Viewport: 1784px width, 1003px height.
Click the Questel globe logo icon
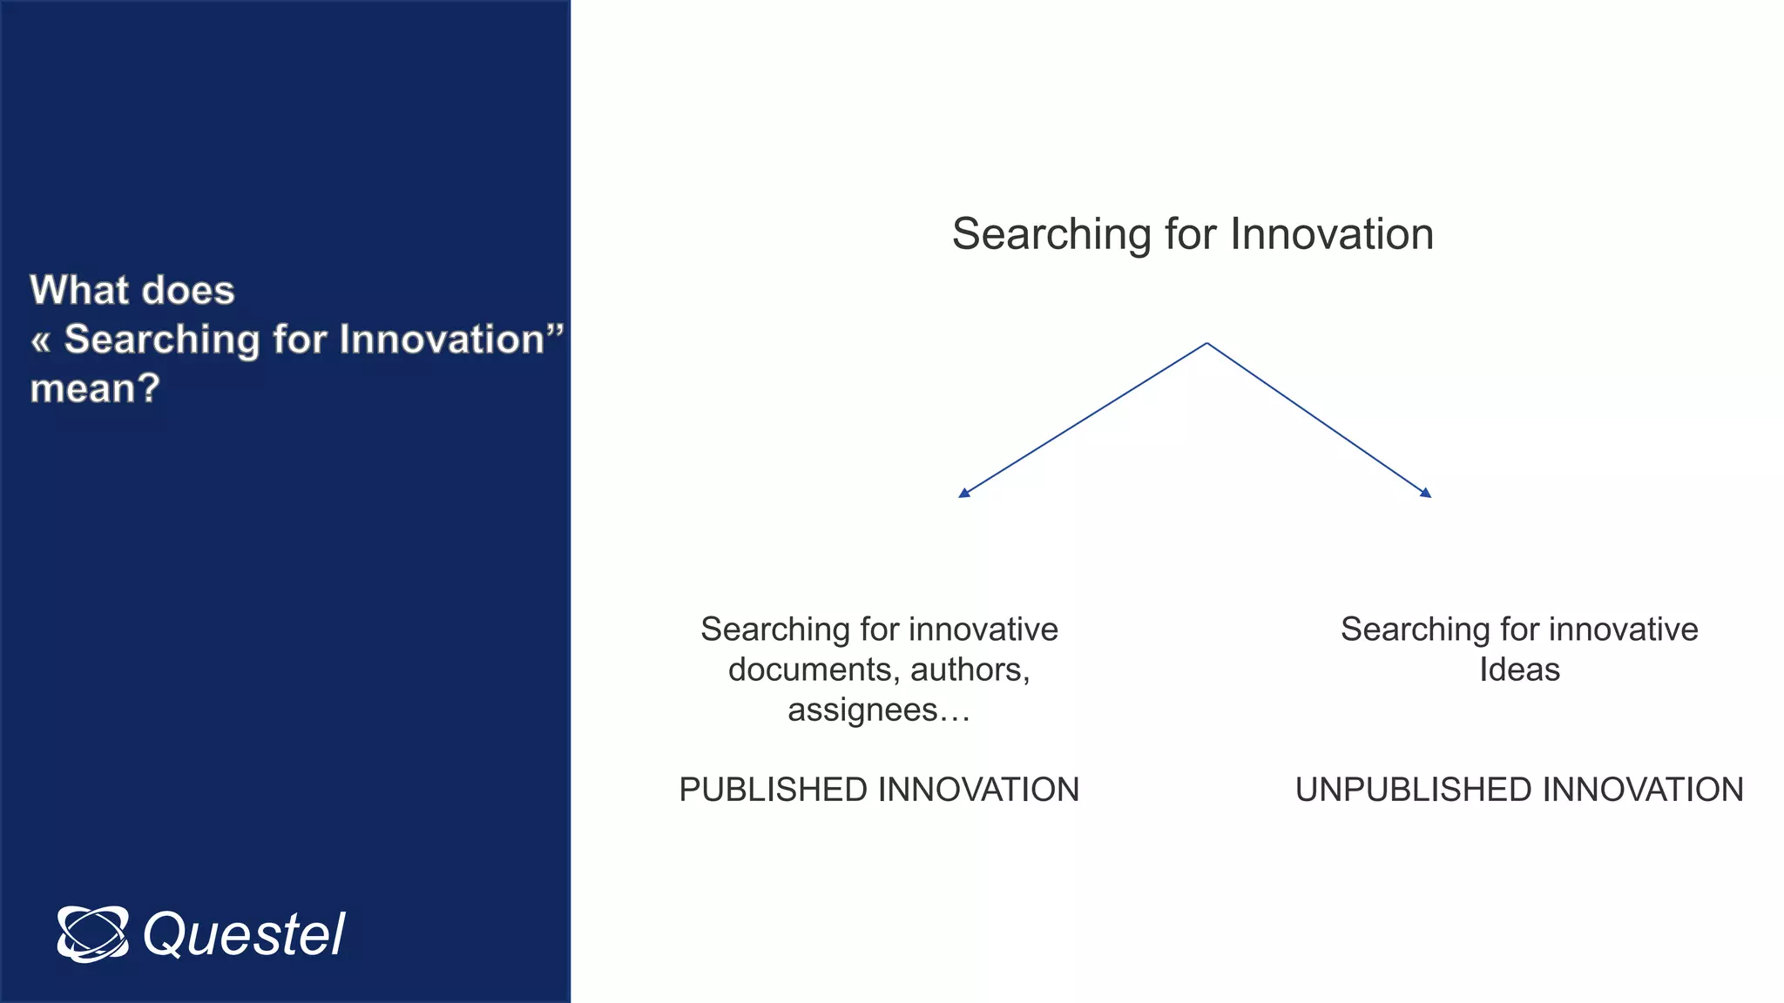pyautogui.click(x=92, y=934)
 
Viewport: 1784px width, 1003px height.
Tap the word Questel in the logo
pyautogui.click(x=244, y=935)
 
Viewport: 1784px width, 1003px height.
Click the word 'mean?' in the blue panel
pyautogui.click(x=95, y=388)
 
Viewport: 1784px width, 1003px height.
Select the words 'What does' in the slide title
pyautogui.click(x=132, y=290)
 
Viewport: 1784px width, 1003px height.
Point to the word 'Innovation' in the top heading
pyautogui.click(x=1332, y=234)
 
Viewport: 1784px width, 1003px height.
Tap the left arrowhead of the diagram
pyautogui.click(x=963, y=493)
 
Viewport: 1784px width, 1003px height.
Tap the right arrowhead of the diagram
pyautogui.click(x=1426, y=493)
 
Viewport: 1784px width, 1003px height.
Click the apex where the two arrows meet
pyautogui.click(x=1206, y=344)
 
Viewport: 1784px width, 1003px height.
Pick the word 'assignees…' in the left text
pyautogui.click(x=878, y=710)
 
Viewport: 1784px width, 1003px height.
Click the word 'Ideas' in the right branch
pyautogui.click(x=1519, y=670)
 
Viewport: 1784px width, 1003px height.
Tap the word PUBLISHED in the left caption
pyautogui.click(x=773, y=790)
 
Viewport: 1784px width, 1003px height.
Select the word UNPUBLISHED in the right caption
pyautogui.click(x=1413, y=790)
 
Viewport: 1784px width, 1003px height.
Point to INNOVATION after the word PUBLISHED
pyautogui.click(x=978, y=790)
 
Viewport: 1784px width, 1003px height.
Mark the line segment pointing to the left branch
pyautogui.click(x=1085, y=419)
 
